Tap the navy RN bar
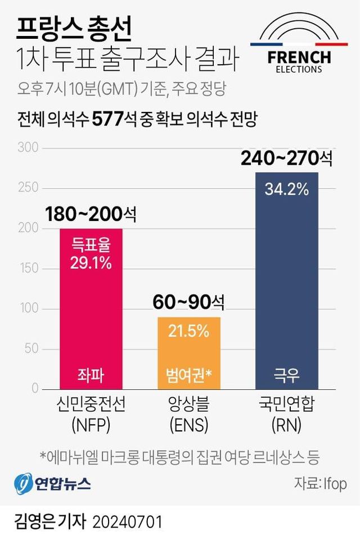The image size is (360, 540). point(286,281)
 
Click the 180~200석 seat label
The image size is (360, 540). point(91,214)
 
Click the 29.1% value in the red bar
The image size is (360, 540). point(91,262)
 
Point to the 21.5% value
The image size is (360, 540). point(188,331)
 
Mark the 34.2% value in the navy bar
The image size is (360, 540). point(286,190)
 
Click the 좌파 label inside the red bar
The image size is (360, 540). point(91,374)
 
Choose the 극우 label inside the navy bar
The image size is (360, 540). point(286,374)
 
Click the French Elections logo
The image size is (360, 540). point(299,47)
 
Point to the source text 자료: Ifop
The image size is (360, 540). point(319,483)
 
